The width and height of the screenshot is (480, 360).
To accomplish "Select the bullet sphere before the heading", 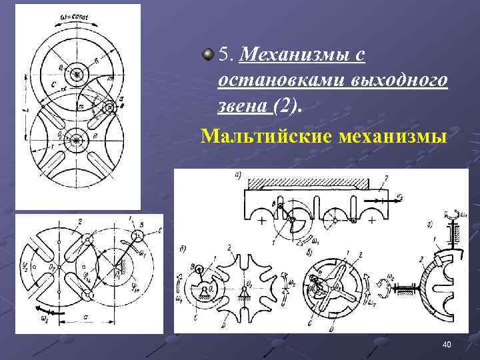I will (209, 53).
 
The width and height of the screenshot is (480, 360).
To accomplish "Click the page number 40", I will (447, 344).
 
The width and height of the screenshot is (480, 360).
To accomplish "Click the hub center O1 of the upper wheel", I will (77, 75).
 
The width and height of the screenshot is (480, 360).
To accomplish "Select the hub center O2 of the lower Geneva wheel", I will (77, 139).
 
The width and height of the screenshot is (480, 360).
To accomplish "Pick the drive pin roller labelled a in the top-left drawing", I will (107, 107).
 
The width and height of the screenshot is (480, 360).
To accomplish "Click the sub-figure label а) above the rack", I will (236, 175).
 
